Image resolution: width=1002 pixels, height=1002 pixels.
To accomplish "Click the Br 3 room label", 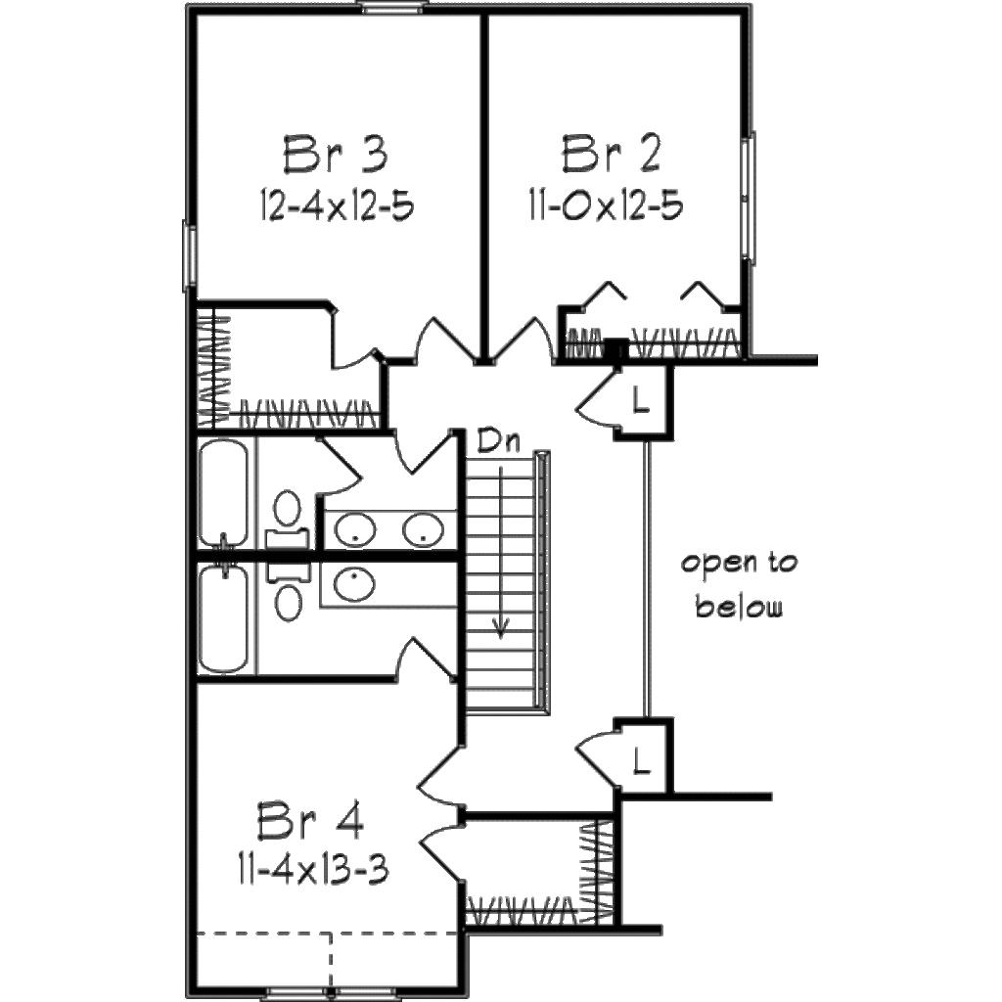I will [336, 155].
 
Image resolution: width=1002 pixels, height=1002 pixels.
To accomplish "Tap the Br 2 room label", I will [612, 155].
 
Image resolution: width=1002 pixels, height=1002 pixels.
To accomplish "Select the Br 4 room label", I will [310, 823].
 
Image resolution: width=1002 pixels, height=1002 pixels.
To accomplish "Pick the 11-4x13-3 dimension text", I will [311, 867].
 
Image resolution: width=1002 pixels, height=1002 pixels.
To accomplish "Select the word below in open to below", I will [739, 608].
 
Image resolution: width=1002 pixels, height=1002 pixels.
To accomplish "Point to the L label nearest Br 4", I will [641, 758].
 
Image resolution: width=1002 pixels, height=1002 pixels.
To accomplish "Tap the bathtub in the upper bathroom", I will [223, 491].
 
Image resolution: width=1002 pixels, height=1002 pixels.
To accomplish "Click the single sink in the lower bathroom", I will [353, 584].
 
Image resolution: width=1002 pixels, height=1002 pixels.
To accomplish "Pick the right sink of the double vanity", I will [423, 531].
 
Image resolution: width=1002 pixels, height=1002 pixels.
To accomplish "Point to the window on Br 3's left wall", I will [189, 255].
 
